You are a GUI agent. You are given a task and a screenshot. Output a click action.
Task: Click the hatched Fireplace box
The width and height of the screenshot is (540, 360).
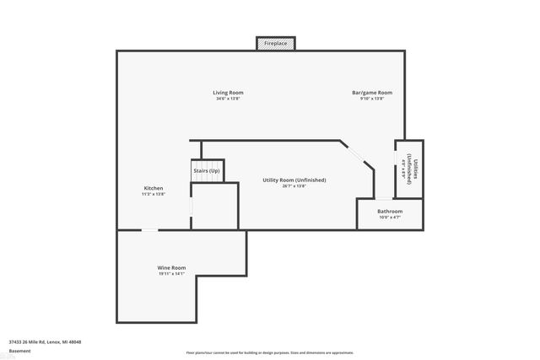point(276,43)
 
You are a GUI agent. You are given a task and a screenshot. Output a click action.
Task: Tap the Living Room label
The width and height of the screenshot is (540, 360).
point(228,92)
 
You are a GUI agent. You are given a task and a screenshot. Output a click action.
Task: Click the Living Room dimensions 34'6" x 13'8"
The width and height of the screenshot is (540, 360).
point(228,99)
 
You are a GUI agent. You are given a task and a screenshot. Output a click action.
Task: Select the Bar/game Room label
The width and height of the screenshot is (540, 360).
point(372,92)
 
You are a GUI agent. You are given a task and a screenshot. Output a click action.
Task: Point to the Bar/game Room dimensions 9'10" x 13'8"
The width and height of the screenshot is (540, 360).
point(372,99)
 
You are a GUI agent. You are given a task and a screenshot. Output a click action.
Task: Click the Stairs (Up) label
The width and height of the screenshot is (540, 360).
point(207,171)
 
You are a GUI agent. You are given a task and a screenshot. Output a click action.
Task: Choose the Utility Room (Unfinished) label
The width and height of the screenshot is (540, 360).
point(294,180)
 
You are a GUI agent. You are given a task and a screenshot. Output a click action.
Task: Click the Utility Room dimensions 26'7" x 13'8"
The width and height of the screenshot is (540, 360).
point(294,186)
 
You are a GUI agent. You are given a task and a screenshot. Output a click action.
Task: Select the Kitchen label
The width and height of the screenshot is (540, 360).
point(153,188)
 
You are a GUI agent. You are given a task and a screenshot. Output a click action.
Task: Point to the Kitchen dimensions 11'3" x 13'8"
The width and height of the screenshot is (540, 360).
point(153,195)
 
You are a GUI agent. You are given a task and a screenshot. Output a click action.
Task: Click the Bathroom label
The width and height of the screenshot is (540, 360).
point(389,211)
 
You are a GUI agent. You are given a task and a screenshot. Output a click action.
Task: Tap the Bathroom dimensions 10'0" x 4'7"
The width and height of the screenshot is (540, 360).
point(389,218)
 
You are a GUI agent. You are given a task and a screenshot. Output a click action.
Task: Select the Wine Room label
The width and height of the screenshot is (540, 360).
point(171,267)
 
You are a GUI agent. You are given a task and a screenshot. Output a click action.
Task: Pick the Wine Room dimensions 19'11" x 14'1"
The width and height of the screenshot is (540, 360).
point(171,274)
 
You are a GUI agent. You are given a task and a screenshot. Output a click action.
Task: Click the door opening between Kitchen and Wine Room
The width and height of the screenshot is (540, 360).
point(148,229)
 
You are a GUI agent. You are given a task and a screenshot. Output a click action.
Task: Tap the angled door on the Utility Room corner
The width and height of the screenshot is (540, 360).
point(358,157)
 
